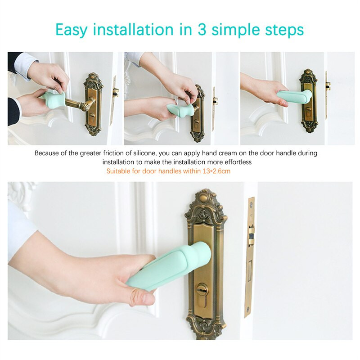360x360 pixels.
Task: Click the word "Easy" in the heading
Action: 72,30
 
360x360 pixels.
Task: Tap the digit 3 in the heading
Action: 202,29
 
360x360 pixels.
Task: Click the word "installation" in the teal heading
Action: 133,29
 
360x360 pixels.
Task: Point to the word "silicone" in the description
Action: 145,153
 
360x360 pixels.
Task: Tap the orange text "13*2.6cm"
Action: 216,171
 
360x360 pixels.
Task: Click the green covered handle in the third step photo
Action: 294,96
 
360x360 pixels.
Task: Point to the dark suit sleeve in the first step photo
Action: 14,112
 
